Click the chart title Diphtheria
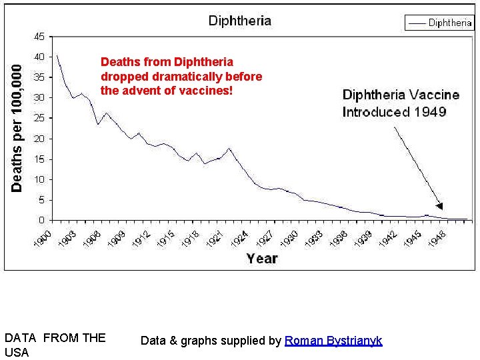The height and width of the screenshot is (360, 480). point(240,20)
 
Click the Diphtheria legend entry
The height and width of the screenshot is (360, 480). point(450,23)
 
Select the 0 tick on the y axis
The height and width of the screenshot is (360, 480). point(42,220)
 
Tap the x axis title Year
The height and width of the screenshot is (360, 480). point(261,257)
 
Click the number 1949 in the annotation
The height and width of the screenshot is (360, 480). point(429,112)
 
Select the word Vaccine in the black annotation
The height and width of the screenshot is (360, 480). point(433,95)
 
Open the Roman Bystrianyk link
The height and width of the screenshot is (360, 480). point(333,341)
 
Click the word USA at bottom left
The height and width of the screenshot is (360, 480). point(17,352)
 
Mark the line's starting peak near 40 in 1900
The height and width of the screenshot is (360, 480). point(57,55)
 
